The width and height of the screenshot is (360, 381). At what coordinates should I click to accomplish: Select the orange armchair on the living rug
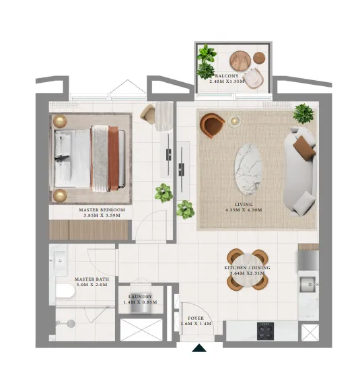(x=213, y=125)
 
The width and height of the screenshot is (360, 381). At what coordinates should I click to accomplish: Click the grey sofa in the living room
(x=301, y=171)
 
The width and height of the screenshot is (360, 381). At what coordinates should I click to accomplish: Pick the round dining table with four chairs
(x=247, y=269)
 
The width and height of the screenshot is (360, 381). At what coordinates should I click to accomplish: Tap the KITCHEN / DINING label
(x=247, y=268)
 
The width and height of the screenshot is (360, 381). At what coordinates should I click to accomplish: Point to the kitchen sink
(x=310, y=283)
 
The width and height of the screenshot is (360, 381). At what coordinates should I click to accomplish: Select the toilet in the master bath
(x=65, y=291)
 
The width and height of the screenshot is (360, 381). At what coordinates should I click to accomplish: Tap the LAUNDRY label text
(x=141, y=296)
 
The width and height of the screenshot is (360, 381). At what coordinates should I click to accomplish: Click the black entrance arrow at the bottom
(x=199, y=348)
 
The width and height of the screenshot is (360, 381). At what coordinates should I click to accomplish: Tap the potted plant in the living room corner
(x=303, y=112)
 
